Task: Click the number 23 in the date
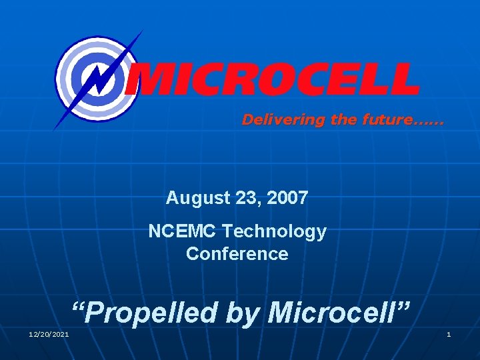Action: pyautogui.click(x=246, y=198)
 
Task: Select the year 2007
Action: pyautogui.click(x=287, y=198)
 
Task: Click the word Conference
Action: pyautogui.click(x=237, y=254)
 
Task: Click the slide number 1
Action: pyautogui.click(x=449, y=334)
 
